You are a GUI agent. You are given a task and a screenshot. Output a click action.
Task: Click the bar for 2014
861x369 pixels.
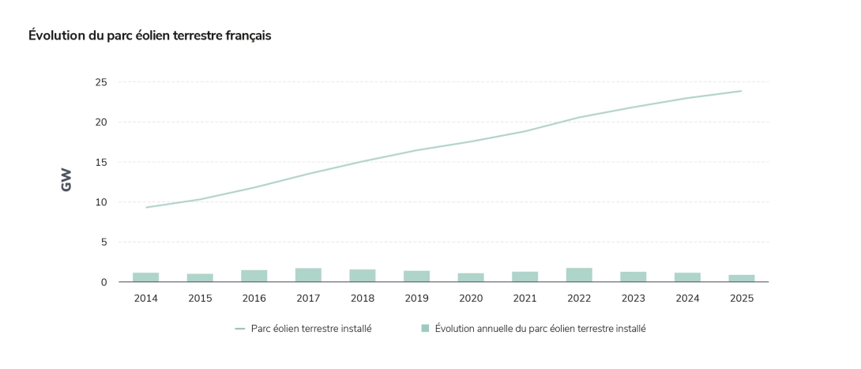click(145, 277)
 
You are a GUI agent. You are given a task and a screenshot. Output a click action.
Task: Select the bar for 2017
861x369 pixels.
click(308, 275)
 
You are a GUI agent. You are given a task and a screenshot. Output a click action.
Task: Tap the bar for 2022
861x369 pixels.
click(579, 275)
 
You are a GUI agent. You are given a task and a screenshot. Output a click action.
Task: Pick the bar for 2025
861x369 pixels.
click(742, 278)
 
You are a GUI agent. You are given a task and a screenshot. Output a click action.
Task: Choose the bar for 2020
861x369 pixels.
click(471, 277)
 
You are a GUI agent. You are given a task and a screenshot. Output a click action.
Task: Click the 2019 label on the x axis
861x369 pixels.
click(416, 299)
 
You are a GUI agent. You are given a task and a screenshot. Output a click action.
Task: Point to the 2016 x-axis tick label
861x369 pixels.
click(254, 299)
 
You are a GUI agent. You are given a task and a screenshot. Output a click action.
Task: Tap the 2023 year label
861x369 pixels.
click(633, 299)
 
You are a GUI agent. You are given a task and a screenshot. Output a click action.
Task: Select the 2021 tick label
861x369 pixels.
click(524, 299)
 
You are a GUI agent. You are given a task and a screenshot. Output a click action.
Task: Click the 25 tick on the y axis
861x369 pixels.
click(101, 82)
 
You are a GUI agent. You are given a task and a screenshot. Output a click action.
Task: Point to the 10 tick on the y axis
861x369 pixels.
click(101, 202)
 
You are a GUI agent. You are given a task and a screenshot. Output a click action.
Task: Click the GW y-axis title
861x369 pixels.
click(66, 180)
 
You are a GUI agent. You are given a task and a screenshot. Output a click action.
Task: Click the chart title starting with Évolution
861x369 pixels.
click(150, 36)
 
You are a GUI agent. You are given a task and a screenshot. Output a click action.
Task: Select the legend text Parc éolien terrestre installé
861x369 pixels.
click(311, 329)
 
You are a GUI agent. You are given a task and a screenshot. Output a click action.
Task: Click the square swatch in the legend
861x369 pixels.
click(425, 329)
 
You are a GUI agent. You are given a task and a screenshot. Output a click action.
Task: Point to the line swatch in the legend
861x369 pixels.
click(240, 329)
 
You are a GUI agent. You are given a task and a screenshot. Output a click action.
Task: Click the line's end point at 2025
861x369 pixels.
click(741, 91)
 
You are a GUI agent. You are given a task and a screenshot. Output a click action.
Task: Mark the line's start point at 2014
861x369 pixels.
click(146, 207)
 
